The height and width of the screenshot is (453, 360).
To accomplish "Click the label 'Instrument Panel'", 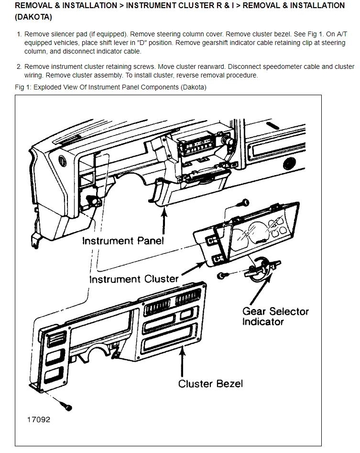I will [123, 240].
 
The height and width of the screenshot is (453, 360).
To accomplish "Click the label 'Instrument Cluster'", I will [134, 278].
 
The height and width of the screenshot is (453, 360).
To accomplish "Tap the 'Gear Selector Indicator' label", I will [275, 316].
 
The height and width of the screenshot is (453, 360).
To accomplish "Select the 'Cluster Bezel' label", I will [210, 383].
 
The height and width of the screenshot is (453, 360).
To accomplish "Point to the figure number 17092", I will [39, 420].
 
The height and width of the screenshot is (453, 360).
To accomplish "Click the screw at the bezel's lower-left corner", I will [67, 406].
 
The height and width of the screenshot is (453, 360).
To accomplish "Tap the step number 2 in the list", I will [19, 66].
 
